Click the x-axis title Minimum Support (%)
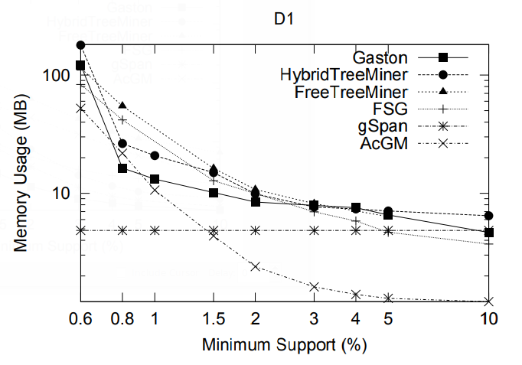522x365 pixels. pos(284,345)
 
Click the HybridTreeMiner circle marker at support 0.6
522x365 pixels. pos(80,45)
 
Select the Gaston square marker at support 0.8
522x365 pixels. pos(122,168)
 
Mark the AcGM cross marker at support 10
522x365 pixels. pos(489,301)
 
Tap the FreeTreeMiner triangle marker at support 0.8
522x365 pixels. pos(122,105)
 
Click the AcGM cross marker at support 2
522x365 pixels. pos(256,266)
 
